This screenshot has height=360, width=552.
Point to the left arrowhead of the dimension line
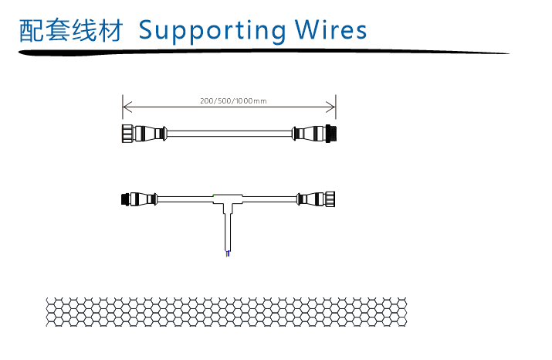[x=127, y=107]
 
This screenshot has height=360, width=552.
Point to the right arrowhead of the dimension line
[x=332, y=107]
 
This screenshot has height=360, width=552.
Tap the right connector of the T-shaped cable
[x=317, y=199]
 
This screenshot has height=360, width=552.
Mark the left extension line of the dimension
[x=123, y=108]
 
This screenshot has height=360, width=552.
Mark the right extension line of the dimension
[x=336, y=108]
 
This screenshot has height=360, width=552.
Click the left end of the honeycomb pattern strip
[x=51, y=311]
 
